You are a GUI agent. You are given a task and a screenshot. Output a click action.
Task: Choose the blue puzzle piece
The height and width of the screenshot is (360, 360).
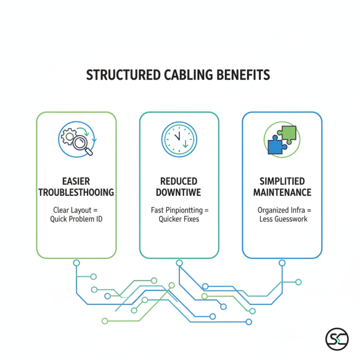pyautogui.click(x=276, y=145)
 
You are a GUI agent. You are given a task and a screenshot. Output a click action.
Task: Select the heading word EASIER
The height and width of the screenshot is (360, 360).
pyautogui.click(x=76, y=181)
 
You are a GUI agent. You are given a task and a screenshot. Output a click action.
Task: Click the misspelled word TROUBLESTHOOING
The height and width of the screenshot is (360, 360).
pyautogui.click(x=76, y=193)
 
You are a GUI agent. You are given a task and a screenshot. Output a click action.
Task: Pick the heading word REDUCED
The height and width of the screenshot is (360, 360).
pyautogui.click(x=179, y=181)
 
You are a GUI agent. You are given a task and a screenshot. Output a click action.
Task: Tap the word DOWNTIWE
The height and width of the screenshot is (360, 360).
pyautogui.click(x=179, y=193)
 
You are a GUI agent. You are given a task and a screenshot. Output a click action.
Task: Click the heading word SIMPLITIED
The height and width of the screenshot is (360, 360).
pyautogui.click(x=282, y=181)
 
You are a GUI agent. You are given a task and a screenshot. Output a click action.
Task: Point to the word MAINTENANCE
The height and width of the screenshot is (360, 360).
pyautogui.click(x=282, y=193)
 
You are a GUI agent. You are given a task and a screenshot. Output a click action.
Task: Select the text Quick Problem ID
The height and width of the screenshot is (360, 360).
pyautogui.click(x=76, y=219)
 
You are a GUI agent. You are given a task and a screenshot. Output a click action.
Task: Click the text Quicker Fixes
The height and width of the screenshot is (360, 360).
pyautogui.click(x=179, y=219)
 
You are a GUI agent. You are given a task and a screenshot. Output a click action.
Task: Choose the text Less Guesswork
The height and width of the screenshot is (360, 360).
pyautogui.click(x=282, y=219)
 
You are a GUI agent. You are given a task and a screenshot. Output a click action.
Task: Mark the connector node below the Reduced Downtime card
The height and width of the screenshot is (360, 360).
pyautogui.click(x=179, y=262)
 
